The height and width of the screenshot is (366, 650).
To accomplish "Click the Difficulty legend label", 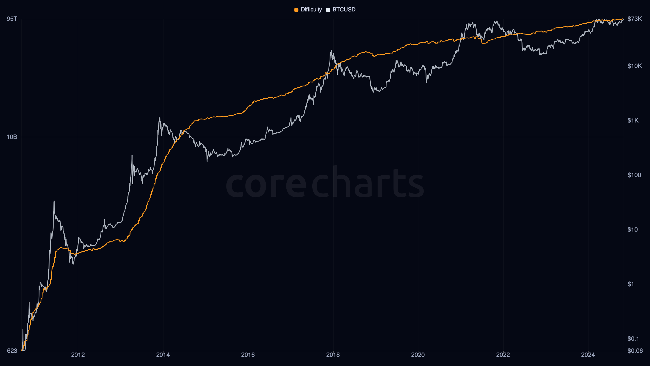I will click(311, 10).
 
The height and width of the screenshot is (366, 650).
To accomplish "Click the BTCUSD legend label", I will click(344, 10).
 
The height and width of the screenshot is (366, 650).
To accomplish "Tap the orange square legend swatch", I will click(296, 10).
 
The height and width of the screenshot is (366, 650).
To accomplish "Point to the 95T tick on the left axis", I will click(12, 19).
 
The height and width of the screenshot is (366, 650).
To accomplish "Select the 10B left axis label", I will click(12, 137).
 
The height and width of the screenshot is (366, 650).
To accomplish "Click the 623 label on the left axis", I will click(12, 351).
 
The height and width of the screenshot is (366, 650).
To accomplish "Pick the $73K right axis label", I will click(635, 19).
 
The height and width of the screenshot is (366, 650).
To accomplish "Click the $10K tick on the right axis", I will click(635, 66).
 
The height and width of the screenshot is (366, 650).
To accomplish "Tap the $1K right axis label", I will click(633, 120).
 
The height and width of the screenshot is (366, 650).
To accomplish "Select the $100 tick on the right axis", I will click(634, 175).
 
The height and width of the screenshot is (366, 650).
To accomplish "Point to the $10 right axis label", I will click(632, 230).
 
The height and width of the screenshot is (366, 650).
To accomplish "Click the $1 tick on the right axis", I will click(631, 284).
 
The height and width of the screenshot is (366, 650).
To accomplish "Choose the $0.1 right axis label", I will click(633, 339).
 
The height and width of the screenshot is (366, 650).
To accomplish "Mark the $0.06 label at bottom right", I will click(635, 351).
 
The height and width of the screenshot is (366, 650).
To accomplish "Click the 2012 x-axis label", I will click(78, 355).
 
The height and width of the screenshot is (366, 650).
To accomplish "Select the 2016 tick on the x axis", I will click(248, 355).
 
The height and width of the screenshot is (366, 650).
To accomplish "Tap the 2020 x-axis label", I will click(418, 355).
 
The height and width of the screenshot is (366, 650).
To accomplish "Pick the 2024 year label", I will click(588, 355).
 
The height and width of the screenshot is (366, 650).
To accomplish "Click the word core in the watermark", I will click(266, 184).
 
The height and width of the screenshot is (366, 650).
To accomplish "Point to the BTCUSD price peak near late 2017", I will click(331, 51).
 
